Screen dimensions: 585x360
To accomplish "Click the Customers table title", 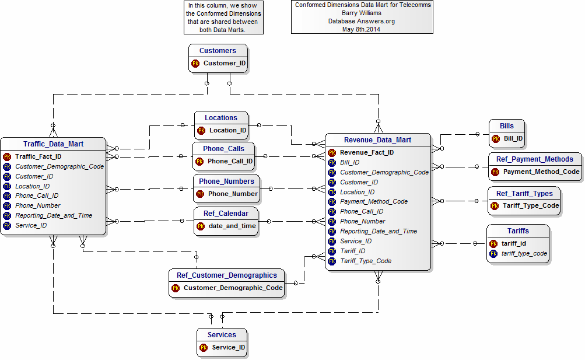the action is [x=218, y=51].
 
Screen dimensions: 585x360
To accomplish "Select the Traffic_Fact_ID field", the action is [x=38, y=157].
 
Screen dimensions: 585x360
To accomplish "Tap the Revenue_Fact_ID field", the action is [x=367, y=153].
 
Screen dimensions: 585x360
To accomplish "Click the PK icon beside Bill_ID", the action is [x=495, y=139].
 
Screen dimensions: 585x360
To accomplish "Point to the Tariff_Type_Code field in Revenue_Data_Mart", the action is [x=366, y=261].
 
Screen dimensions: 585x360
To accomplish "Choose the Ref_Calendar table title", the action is [x=226, y=214].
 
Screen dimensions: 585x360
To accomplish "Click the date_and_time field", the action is [x=232, y=226].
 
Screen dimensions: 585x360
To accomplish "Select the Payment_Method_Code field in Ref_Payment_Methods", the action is [x=541, y=172].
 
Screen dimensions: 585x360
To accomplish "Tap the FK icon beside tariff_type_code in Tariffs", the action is [x=493, y=254].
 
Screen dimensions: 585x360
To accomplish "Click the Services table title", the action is [x=222, y=335].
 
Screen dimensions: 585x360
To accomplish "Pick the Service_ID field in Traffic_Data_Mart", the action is [x=31, y=226].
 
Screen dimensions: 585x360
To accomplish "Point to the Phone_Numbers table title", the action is [x=226, y=181].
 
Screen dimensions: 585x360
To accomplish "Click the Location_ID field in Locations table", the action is [x=227, y=131].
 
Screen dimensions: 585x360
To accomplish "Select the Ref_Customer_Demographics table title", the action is [x=227, y=275].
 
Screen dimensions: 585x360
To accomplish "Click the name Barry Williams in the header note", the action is [x=362, y=13].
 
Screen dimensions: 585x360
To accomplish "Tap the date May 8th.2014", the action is [x=361, y=30].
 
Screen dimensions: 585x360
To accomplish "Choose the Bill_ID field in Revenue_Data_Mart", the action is [x=349, y=163].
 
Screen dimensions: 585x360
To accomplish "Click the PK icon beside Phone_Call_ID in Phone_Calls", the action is [x=199, y=162].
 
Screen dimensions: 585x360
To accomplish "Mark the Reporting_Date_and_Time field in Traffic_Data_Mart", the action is [x=54, y=216].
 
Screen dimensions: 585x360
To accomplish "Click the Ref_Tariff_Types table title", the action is [x=524, y=194].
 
